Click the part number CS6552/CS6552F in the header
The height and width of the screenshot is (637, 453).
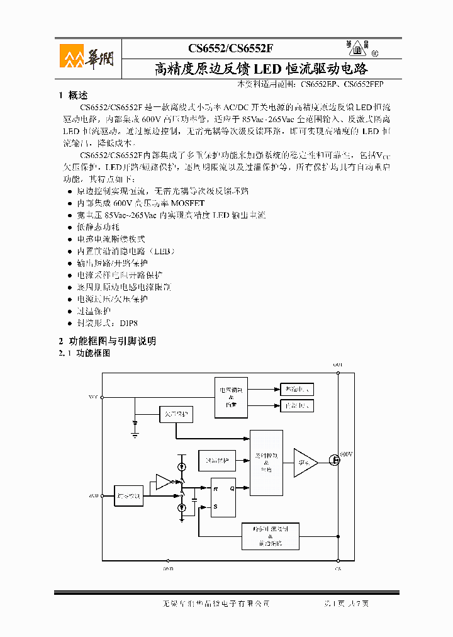231,48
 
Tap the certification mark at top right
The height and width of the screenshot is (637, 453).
359,48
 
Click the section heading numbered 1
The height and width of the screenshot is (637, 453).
73,96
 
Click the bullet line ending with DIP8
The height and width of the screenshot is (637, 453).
106,323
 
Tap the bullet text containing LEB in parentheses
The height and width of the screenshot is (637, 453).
125,251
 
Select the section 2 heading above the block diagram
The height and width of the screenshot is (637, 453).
107,341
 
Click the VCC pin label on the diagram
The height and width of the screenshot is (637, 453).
93,397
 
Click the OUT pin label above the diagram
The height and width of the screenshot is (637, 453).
338,365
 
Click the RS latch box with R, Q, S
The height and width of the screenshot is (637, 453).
223,497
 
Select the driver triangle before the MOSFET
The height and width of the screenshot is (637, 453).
305,463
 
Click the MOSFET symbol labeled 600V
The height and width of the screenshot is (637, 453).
336,461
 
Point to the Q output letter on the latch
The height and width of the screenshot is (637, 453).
232,487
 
